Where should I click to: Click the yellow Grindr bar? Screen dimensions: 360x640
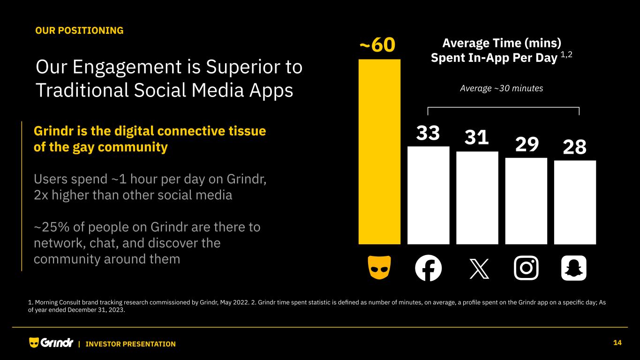pyautogui.click(x=379, y=151)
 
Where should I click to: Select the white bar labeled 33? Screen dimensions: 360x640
pyautogui.click(x=428, y=195)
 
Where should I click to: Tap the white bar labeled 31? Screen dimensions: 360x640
pyautogui.click(x=477, y=197)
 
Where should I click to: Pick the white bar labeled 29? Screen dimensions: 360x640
pyautogui.click(x=526, y=201)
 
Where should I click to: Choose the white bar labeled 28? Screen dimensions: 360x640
pyautogui.click(x=575, y=202)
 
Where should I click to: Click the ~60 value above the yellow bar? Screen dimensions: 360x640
pyautogui.click(x=378, y=46)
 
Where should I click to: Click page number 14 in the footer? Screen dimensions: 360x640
pyautogui.click(x=617, y=343)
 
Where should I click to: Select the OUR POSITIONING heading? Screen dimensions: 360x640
pyautogui.click(x=80, y=30)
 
